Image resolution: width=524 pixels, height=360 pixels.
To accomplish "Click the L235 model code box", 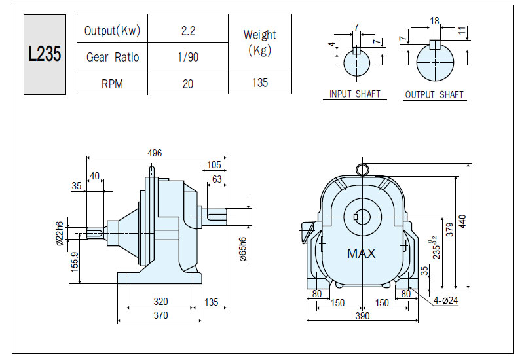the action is pyautogui.click(x=45, y=54).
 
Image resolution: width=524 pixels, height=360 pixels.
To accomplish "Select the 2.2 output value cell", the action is pyautogui.click(x=188, y=31).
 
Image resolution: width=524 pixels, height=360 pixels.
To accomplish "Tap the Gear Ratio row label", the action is pyautogui.click(x=112, y=57).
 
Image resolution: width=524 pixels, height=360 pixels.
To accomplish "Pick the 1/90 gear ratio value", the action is pyautogui.click(x=188, y=57).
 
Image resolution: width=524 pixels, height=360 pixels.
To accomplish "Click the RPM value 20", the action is pyautogui.click(x=188, y=84).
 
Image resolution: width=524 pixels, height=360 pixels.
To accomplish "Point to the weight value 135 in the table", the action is pyautogui.click(x=260, y=82).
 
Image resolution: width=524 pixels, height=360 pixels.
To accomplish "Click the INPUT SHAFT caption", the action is pyautogui.click(x=354, y=94).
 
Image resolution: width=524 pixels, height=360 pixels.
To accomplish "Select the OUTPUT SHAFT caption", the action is pyautogui.click(x=434, y=95).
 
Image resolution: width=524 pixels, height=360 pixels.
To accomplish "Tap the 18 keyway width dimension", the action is pyautogui.click(x=434, y=21).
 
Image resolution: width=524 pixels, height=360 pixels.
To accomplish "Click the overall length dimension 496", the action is pyautogui.click(x=155, y=153).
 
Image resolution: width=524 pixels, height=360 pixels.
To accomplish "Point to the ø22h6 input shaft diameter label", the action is pyautogui.click(x=60, y=233).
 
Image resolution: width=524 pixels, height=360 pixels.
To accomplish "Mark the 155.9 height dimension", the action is pyautogui.click(x=75, y=261).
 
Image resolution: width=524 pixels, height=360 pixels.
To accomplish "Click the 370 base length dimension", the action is pyautogui.click(x=160, y=315).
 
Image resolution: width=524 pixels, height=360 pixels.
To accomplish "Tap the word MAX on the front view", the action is pyautogui.click(x=362, y=253).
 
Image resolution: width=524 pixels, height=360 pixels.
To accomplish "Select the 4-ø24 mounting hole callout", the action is pyautogui.click(x=445, y=300).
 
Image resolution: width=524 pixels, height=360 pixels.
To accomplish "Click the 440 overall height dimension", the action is pyautogui.click(x=462, y=222).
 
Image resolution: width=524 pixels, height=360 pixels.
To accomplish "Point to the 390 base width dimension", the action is pyautogui.click(x=362, y=316).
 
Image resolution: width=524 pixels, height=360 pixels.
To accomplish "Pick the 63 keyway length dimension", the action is pyautogui.click(x=217, y=179).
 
